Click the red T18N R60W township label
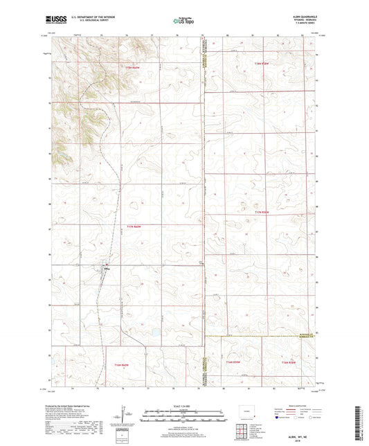(x=134, y=66)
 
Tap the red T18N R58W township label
(x=262, y=64)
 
